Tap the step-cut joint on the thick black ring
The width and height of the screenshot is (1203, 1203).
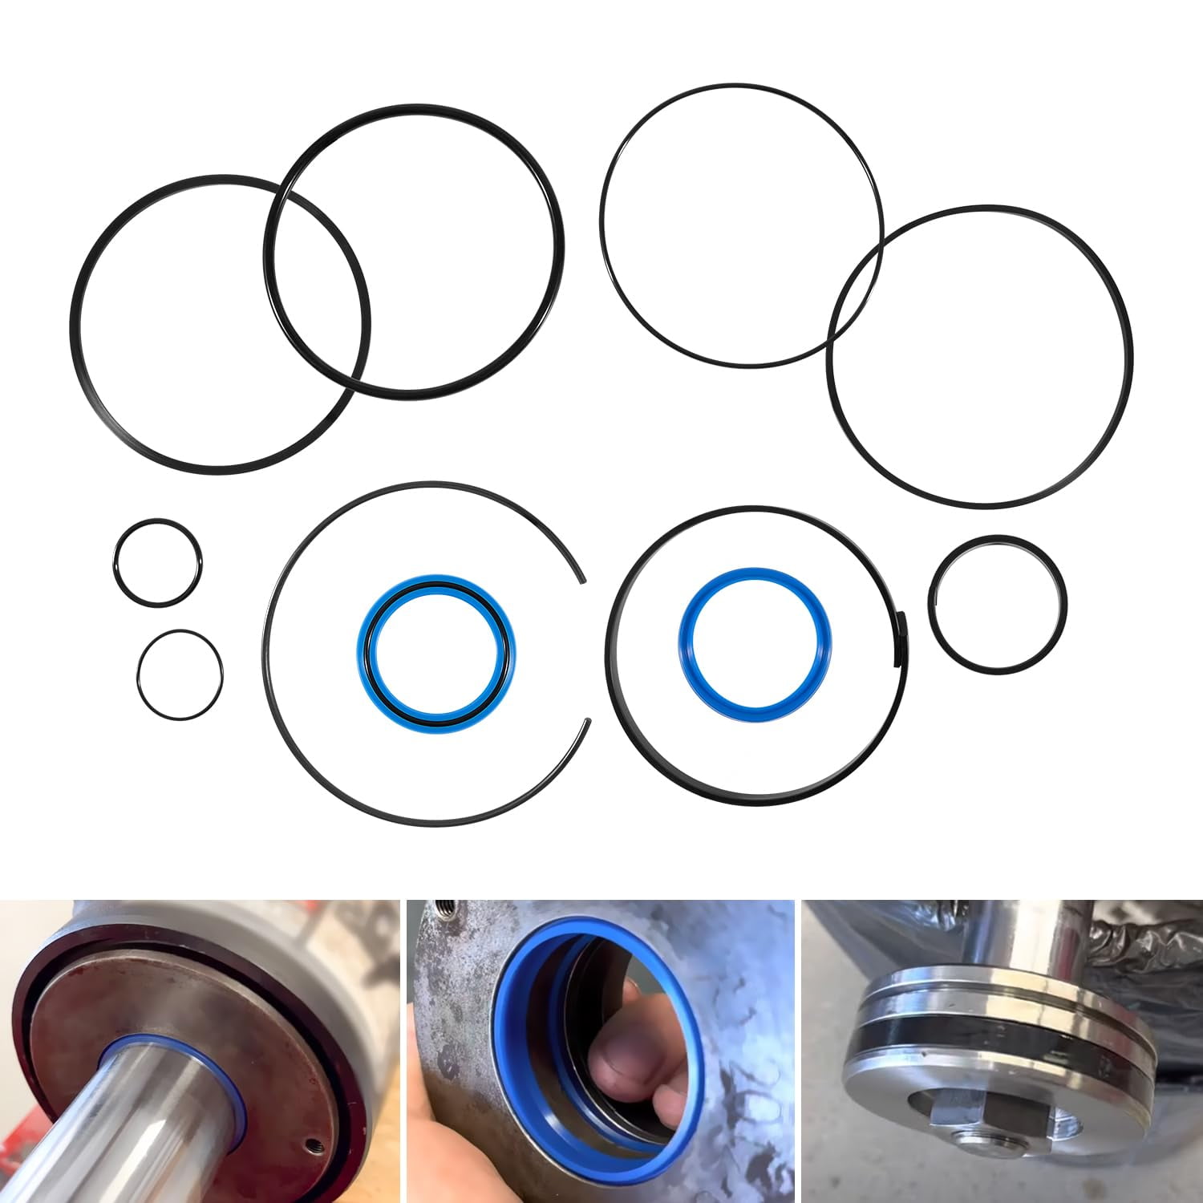[x=899, y=638]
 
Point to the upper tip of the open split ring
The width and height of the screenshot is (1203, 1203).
[x=582, y=579]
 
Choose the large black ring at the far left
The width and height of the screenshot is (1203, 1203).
[x=74, y=321]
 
